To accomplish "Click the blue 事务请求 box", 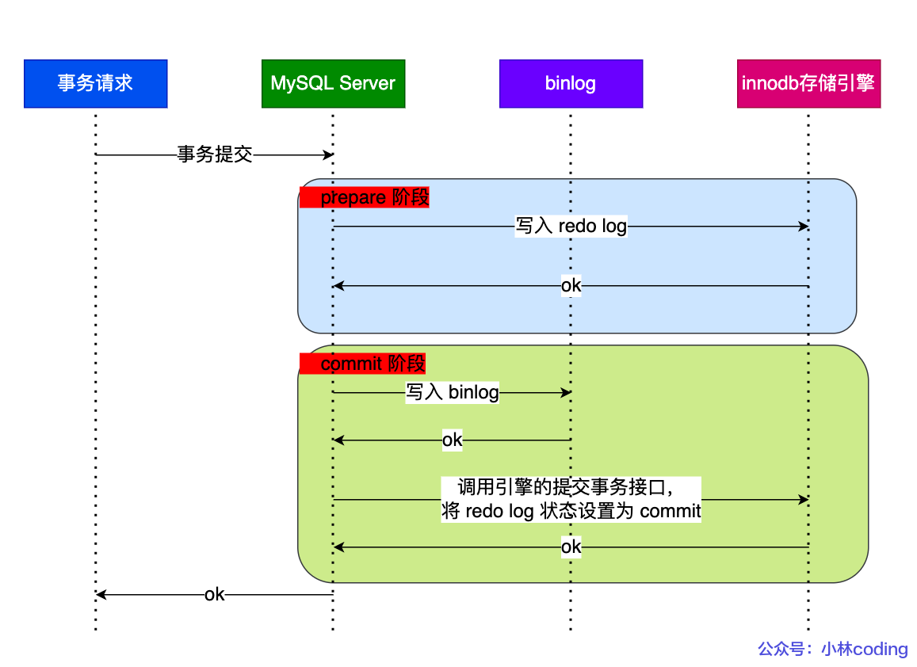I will pos(95,83).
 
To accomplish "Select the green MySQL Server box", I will pos(333,83).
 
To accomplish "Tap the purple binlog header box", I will pos(571,83).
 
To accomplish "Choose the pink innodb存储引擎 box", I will pos(808,83).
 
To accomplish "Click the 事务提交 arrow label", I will pos(214,155).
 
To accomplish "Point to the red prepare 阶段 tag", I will pos(365,197).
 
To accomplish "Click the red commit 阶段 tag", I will pos(363,364).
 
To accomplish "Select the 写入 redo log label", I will pos(571,227).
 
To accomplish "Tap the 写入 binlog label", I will pos(453,393).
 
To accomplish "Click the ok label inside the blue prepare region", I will pos(571,286).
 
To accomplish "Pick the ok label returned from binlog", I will pos(452,440).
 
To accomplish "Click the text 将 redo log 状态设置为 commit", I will pos(571,512).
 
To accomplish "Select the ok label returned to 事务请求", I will pos(214,595).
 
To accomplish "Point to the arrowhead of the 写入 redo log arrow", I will pos(804,227).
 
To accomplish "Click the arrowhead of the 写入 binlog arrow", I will pos(566,393).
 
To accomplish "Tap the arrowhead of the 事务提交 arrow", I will pos(328,155).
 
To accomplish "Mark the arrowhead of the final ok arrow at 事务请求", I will pos(101,595).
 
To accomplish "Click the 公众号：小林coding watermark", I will pos(832,650).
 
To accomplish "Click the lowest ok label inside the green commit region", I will pos(571,547).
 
